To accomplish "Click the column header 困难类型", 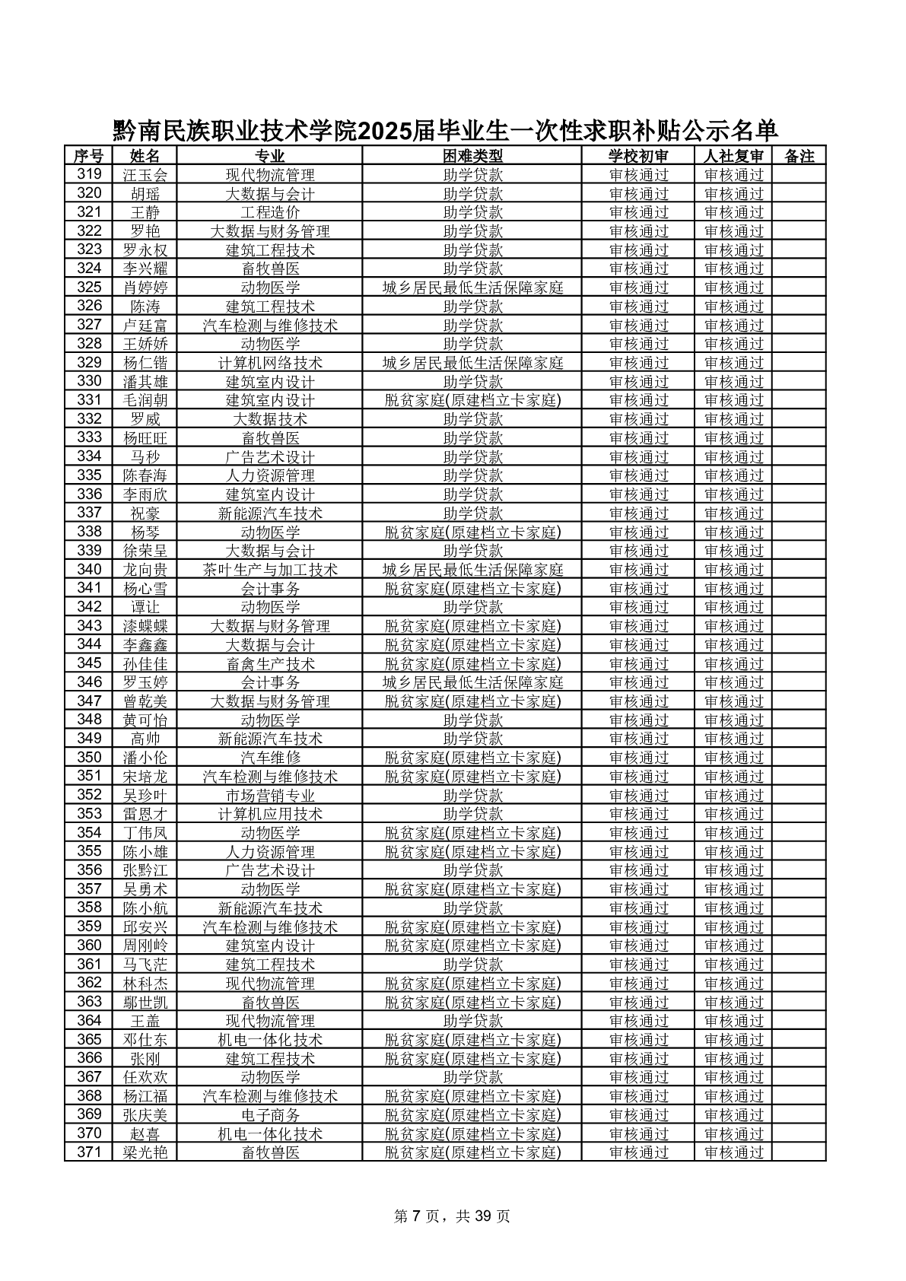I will pyautogui.click(x=472, y=156).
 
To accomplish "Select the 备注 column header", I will pyautogui.click(x=798, y=156).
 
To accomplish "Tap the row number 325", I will pyautogui.click(x=89, y=288).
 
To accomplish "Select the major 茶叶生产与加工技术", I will pyautogui.click(x=270, y=570).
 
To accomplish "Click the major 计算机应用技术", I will pyautogui.click(x=270, y=814).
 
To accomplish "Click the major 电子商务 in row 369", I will pyautogui.click(x=270, y=1115).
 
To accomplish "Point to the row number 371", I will pyautogui.click(x=89, y=1152).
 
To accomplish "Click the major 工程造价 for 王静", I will pyautogui.click(x=270, y=212).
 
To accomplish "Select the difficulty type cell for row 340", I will pyautogui.click(x=472, y=570).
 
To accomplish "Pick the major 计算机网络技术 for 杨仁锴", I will pyautogui.click(x=270, y=363).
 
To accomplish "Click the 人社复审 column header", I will pyautogui.click(x=733, y=156).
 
